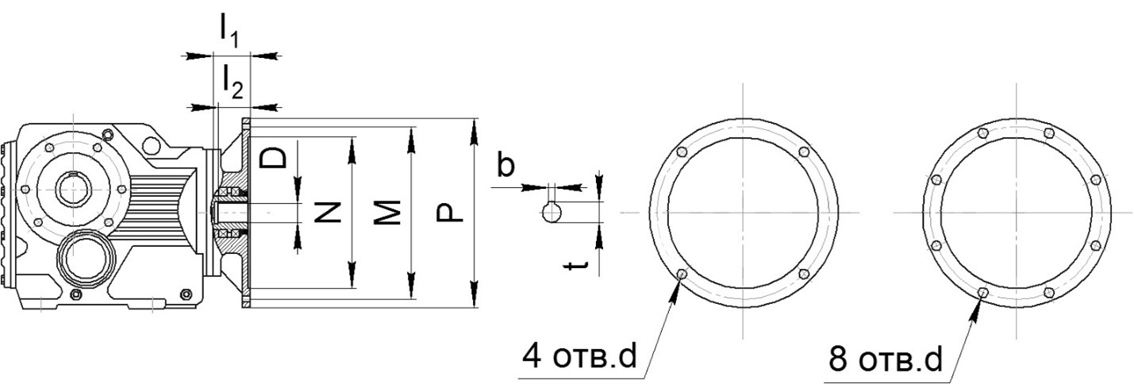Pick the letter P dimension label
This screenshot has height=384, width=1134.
pyautogui.click(x=449, y=213)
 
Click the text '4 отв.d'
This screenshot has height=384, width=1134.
pyautogui.click(x=579, y=357)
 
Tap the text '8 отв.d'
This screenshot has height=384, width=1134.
pyautogui.click(x=886, y=359)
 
